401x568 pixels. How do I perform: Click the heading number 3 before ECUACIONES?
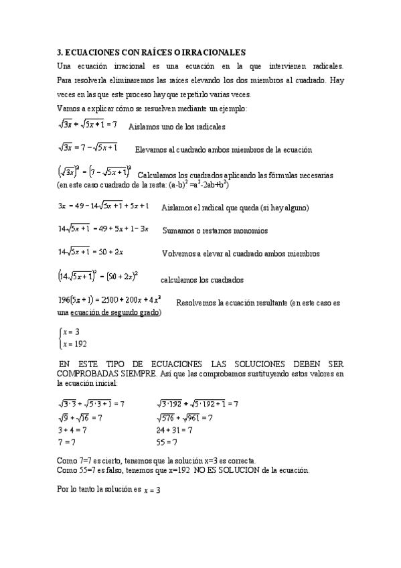[59, 52]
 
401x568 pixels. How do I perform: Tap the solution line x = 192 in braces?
[73, 344]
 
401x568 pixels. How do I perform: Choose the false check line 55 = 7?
[166, 442]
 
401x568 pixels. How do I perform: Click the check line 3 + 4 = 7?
[72, 430]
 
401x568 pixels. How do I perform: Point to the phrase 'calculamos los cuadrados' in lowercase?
[202, 280]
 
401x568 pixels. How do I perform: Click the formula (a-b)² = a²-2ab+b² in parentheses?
[189, 185]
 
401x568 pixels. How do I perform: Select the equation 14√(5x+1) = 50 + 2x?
[91, 253]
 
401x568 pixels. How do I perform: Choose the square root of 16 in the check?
[81, 418]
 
